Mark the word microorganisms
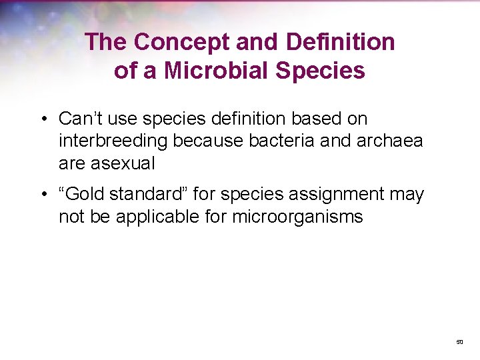pyautogui.click(x=298, y=217)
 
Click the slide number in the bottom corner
pyautogui.click(x=459, y=341)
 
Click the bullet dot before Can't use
pyautogui.click(x=42, y=119)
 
